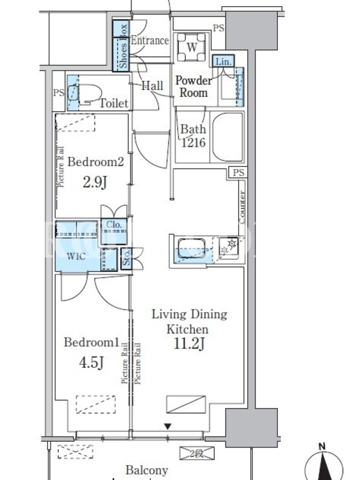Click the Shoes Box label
tap(123, 46)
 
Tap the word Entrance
tap(149, 40)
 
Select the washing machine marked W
tap(192, 47)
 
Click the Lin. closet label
tap(223, 62)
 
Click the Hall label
tap(152, 85)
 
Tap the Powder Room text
tap(193, 86)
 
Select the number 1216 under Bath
tap(193, 142)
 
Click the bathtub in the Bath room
tap(227, 137)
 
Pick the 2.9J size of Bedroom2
tap(95, 182)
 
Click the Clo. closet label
tap(114, 224)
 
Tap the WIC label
tap(76, 256)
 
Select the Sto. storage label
tap(126, 259)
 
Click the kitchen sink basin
tap(191, 248)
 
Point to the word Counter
tap(242, 207)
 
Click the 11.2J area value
tap(189, 344)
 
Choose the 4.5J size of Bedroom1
tap(92, 363)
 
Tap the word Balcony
tap(147, 470)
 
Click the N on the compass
tap(322, 446)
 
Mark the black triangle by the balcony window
tap(167, 427)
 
